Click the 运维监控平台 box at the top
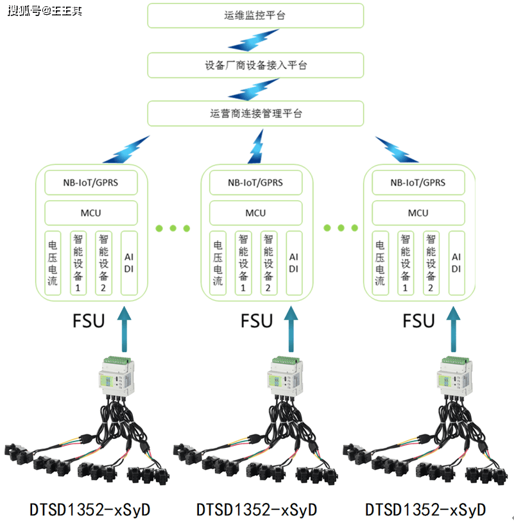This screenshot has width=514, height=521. coord(255,15)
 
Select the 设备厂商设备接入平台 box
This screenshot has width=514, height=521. coord(255,65)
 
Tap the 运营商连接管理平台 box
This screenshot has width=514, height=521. coord(255,114)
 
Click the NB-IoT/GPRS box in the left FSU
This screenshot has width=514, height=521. coord(90,183)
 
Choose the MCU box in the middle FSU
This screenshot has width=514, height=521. coord(255,213)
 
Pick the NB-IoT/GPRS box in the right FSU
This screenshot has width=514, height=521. coord(418,183)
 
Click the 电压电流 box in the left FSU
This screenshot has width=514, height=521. coord(53,263)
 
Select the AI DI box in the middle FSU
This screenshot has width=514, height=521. coord(294,263)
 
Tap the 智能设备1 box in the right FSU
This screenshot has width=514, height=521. coord(406,263)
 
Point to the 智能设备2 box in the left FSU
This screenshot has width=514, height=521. coord(103,263)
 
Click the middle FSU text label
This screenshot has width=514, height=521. coord(256,320)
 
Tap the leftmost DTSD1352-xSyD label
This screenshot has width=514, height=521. coord(90,509)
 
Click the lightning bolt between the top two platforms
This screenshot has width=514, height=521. coord(255,40)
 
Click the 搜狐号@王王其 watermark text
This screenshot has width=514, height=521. coord(45,11)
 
